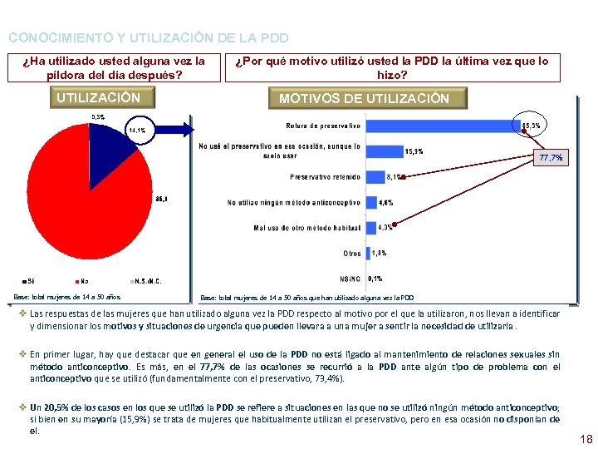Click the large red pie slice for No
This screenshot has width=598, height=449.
click(x=79, y=208)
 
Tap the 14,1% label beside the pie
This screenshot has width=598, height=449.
click(x=137, y=131)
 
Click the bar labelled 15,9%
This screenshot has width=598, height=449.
click(x=383, y=151)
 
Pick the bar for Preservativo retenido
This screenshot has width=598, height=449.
click(x=375, y=176)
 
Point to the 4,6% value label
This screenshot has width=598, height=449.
click(x=386, y=202)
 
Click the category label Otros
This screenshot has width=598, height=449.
click(x=352, y=253)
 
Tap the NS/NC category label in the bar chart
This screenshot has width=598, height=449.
click(x=350, y=279)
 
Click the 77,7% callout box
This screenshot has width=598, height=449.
click(x=551, y=157)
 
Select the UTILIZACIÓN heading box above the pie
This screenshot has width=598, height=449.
click(x=98, y=98)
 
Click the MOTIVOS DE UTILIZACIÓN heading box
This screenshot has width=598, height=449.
click(x=364, y=99)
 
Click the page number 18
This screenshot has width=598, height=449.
click(x=586, y=438)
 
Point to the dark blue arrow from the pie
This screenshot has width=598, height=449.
click(x=179, y=128)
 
